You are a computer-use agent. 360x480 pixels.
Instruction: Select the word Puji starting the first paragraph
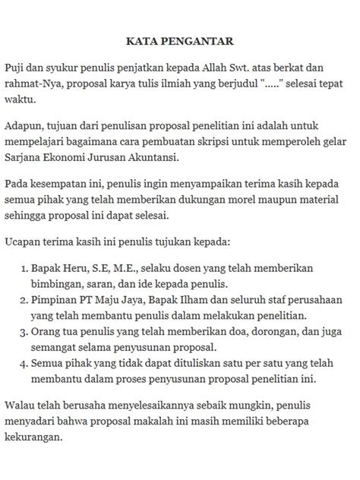(x=14, y=67)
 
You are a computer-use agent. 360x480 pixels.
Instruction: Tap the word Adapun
(x=24, y=125)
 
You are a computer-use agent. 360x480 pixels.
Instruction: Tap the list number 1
(x=21, y=269)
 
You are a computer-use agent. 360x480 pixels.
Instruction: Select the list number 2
(x=21, y=299)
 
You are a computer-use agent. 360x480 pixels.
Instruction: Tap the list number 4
(x=21, y=365)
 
